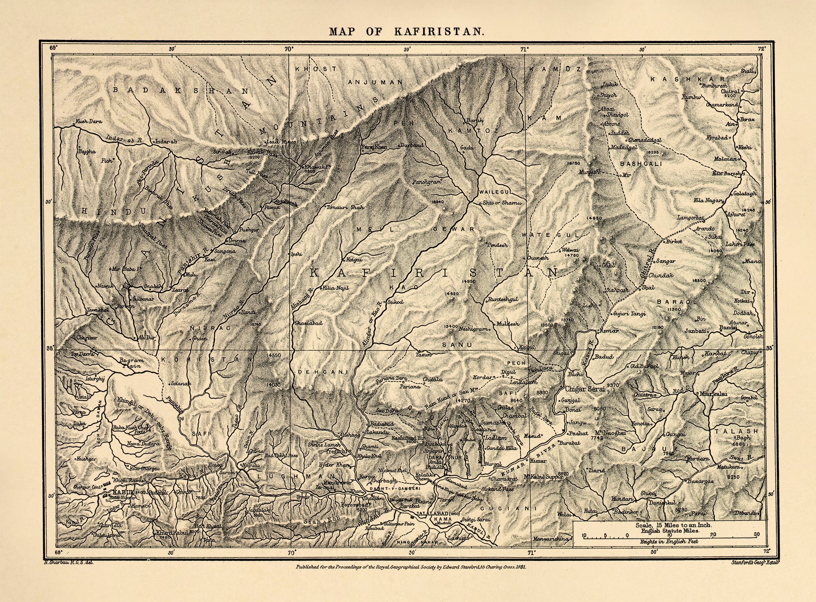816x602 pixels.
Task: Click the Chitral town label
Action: tap(730, 91)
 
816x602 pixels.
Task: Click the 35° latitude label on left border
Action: tap(50, 349)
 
